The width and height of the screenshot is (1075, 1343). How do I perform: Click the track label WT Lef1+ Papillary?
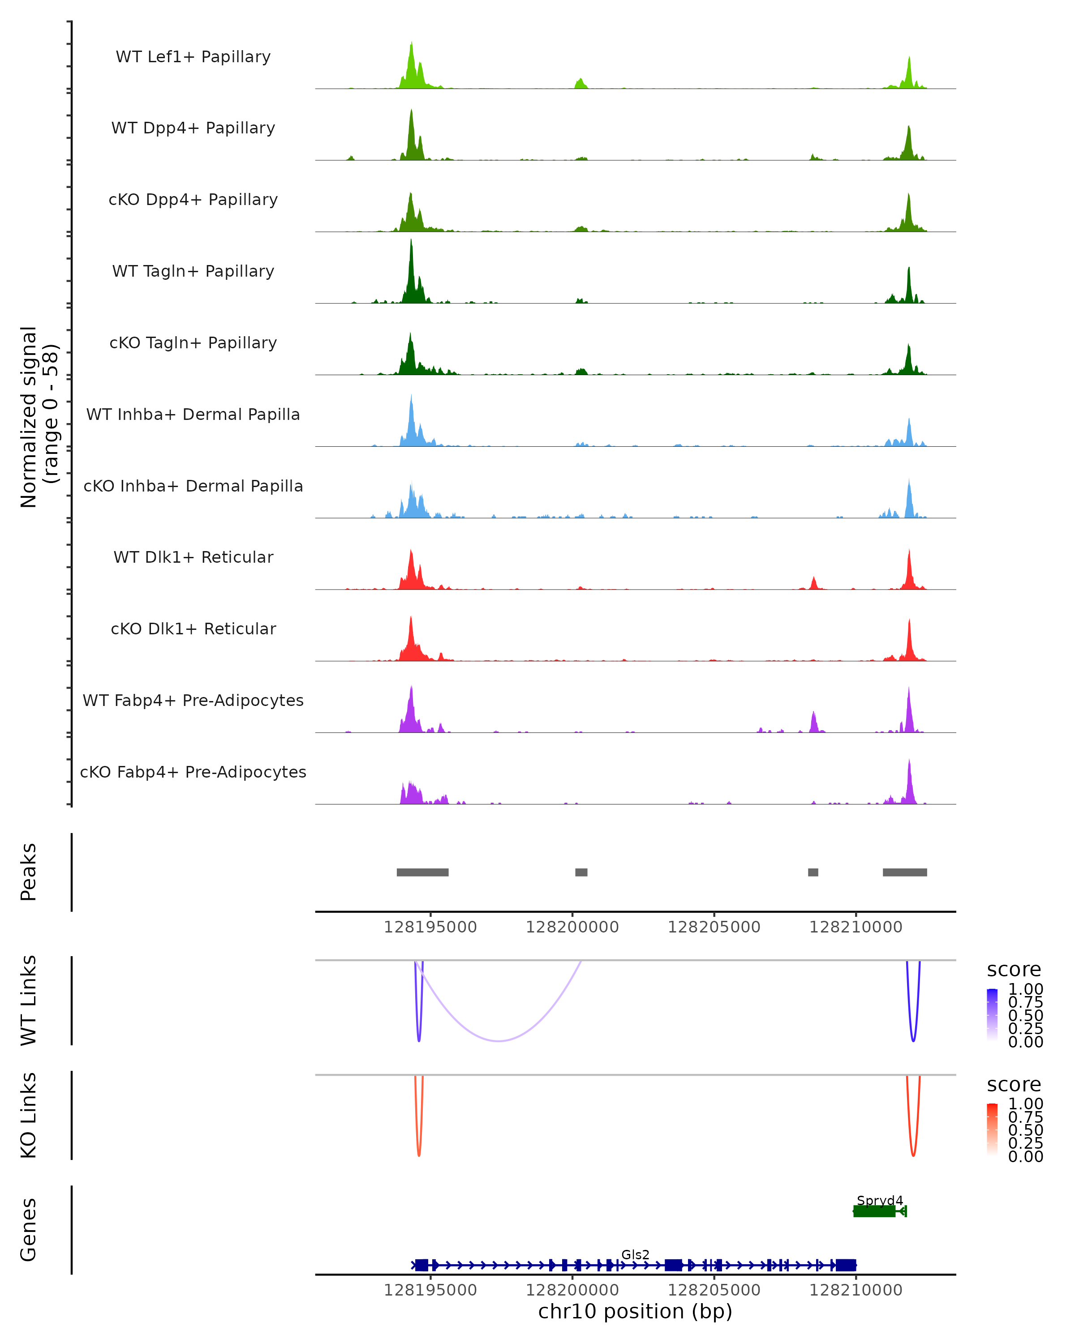point(193,57)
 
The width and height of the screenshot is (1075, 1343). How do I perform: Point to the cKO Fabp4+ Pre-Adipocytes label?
point(193,772)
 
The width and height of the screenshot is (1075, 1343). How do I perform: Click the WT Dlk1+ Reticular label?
point(193,557)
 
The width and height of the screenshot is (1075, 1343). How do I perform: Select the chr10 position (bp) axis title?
point(635,1311)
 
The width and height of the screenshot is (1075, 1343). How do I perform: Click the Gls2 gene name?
point(635,1254)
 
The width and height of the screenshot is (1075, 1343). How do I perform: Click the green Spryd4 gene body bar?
point(874,1211)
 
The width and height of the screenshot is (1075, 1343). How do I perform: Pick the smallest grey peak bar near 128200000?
point(581,872)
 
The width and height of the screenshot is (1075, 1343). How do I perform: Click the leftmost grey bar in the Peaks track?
point(422,872)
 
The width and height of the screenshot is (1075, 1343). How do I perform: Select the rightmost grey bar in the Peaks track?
point(904,872)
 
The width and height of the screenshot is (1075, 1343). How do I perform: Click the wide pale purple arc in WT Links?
point(499,1040)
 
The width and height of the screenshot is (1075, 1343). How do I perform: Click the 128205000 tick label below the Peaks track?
point(714,927)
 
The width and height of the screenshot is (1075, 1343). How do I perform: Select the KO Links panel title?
point(29,1116)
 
